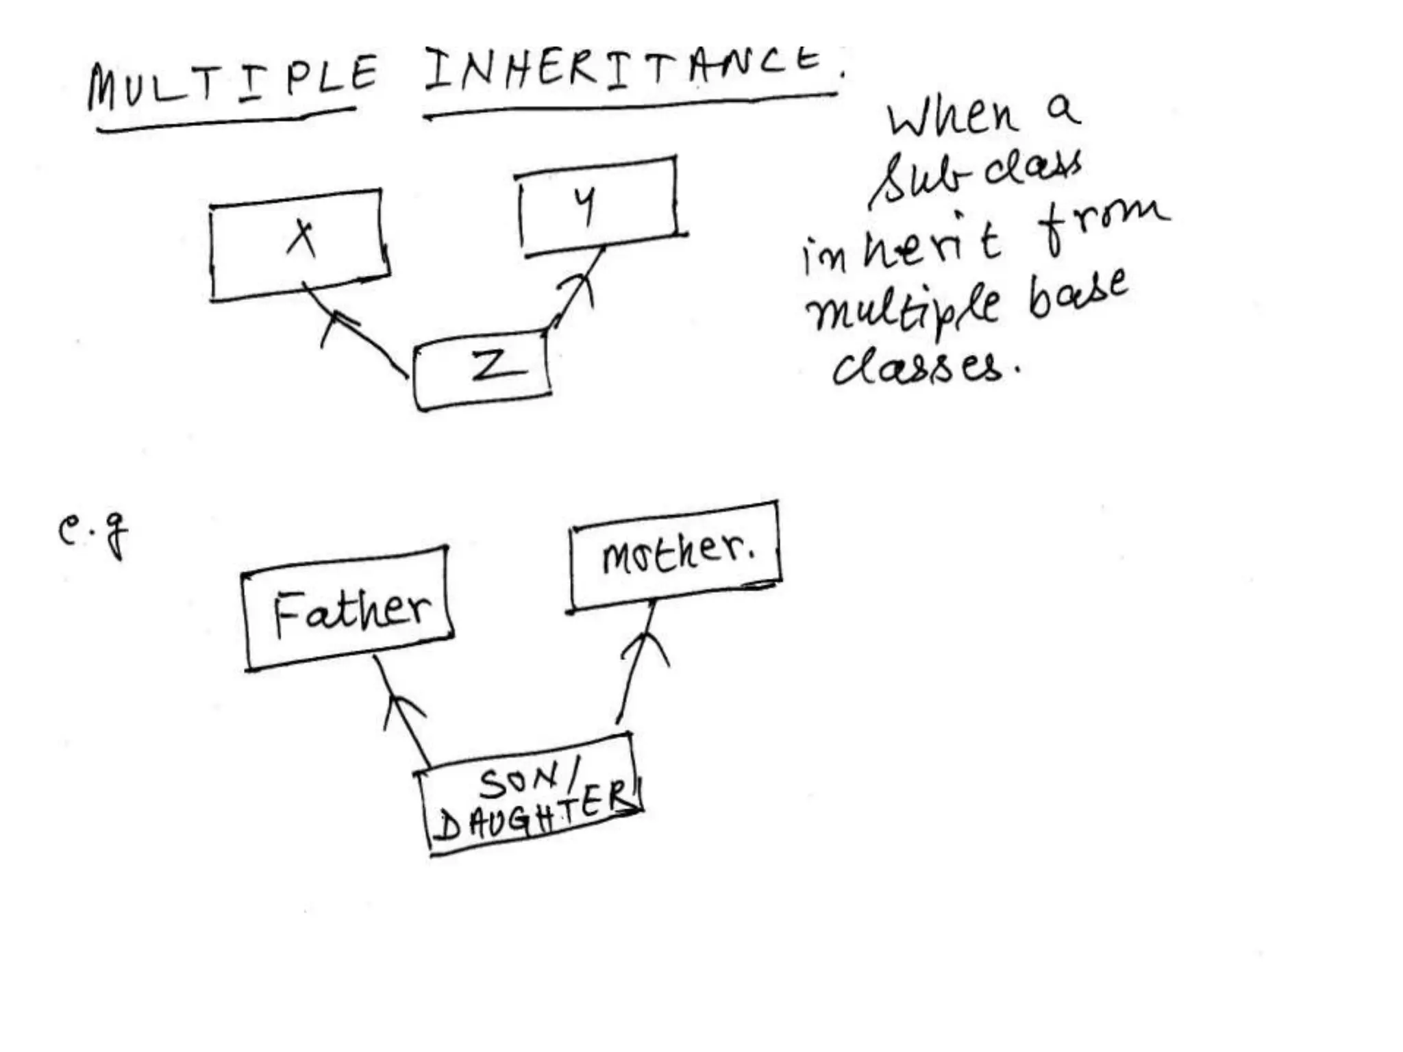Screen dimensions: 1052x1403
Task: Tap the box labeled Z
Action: click(x=484, y=368)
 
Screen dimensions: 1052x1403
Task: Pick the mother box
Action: click(x=675, y=555)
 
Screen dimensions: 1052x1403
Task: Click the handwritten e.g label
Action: click(x=92, y=534)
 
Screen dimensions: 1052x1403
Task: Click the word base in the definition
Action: click(x=1078, y=295)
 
